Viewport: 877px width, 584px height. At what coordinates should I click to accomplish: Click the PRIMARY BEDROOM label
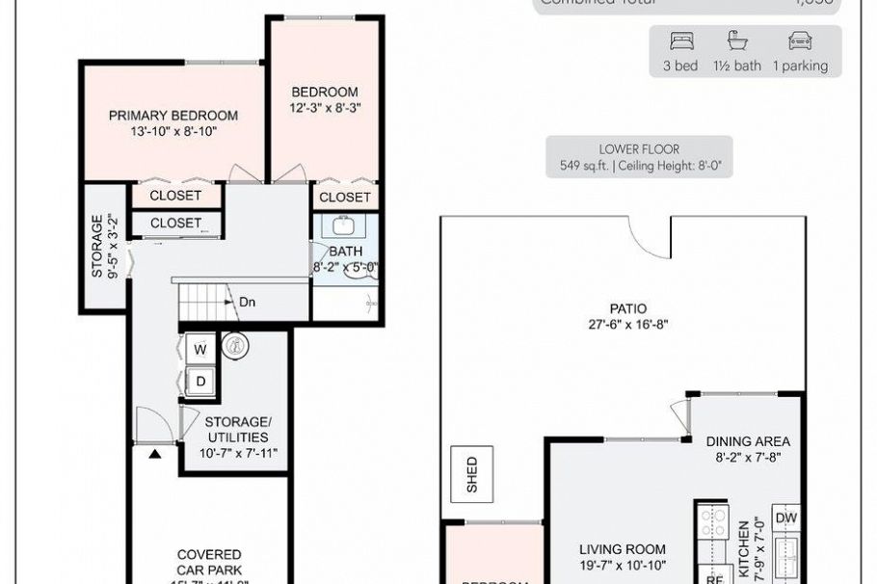(x=173, y=116)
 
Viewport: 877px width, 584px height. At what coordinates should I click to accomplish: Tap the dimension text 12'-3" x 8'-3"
(x=326, y=109)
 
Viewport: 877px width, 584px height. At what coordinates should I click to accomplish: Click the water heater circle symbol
(x=232, y=345)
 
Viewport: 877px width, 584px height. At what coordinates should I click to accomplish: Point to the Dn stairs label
(x=248, y=302)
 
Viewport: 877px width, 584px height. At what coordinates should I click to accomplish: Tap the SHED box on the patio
(x=471, y=474)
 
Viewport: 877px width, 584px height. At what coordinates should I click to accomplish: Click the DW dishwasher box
(x=785, y=518)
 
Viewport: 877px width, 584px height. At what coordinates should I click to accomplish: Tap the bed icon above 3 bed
(x=681, y=41)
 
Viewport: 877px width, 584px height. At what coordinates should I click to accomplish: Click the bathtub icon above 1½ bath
(x=738, y=41)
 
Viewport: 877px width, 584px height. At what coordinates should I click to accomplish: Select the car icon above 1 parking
(x=800, y=41)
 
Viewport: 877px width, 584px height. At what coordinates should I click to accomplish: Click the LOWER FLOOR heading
(x=639, y=149)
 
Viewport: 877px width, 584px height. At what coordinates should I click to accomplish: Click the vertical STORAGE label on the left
(x=97, y=246)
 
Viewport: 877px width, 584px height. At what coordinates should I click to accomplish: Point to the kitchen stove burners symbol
(x=714, y=525)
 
